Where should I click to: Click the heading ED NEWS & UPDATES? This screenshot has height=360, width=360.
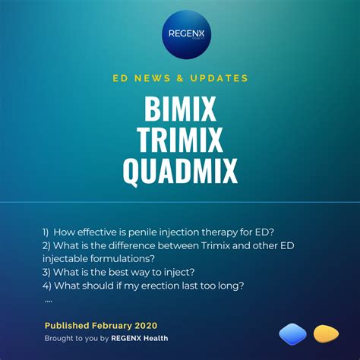[x=180, y=78]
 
